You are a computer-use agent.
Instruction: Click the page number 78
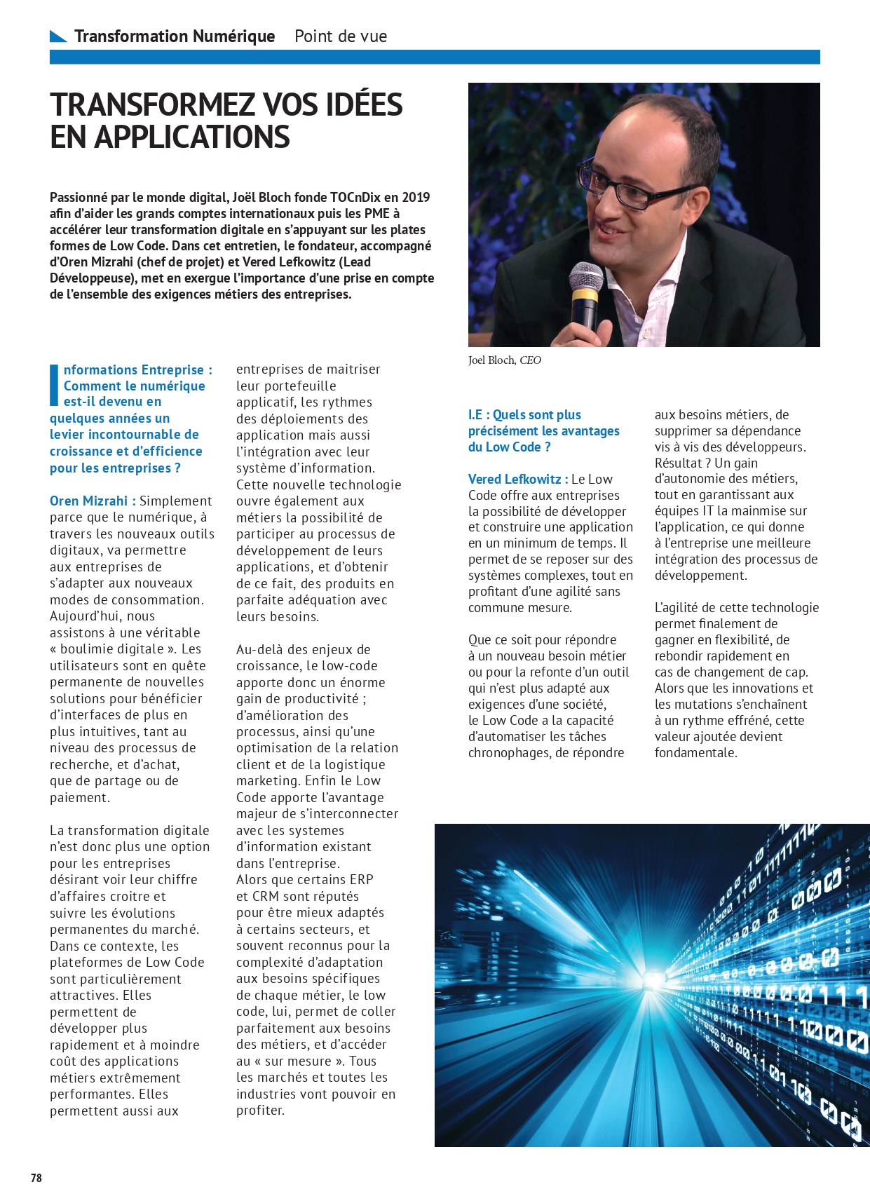pyautogui.click(x=36, y=1178)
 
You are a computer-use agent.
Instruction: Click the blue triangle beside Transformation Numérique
pyautogui.click(x=58, y=36)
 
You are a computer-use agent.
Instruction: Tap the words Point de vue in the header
pyautogui.click(x=341, y=36)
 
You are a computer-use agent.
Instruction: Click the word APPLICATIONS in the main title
pyautogui.click(x=192, y=137)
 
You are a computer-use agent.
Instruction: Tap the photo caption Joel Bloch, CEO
pyautogui.click(x=505, y=360)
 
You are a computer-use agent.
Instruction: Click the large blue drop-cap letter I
pyautogui.click(x=54, y=385)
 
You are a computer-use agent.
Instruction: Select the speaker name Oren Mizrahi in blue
pyautogui.click(x=88, y=501)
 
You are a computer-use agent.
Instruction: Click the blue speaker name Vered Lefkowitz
pyautogui.click(x=515, y=479)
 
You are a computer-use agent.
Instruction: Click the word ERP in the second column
pyautogui.click(x=361, y=879)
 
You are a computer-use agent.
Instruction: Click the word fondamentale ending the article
pyautogui.click(x=695, y=752)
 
